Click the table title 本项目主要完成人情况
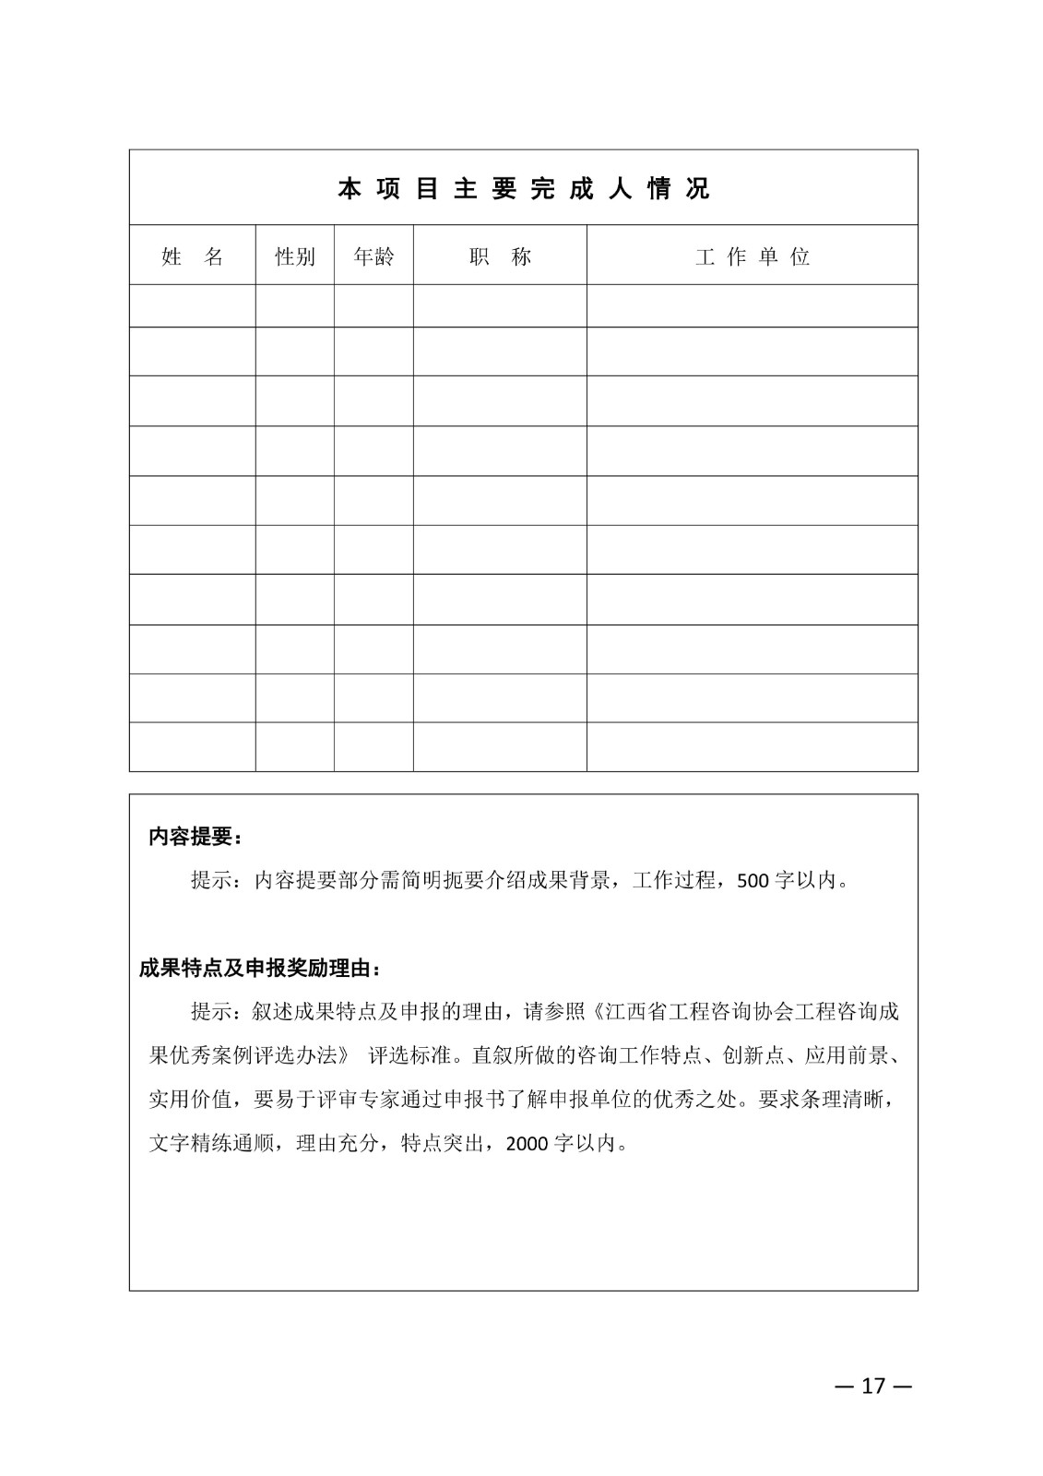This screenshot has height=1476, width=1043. (523, 189)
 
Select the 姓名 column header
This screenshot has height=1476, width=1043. (192, 256)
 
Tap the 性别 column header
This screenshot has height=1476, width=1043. (295, 256)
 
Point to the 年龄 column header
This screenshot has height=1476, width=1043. (373, 256)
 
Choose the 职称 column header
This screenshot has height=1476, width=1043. (500, 256)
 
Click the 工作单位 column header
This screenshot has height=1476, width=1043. (752, 256)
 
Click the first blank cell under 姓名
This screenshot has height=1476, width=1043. (192, 305)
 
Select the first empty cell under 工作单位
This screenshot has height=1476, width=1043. (752, 305)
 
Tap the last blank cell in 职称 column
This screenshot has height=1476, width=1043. (500, 746)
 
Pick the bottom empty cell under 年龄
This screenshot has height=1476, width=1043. (373, 746)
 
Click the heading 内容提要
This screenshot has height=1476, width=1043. (196, 837)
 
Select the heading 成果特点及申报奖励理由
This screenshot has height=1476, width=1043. (259, 969)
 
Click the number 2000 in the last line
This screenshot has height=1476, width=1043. (527, 1144)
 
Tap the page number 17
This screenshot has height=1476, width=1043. (872, 1386)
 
